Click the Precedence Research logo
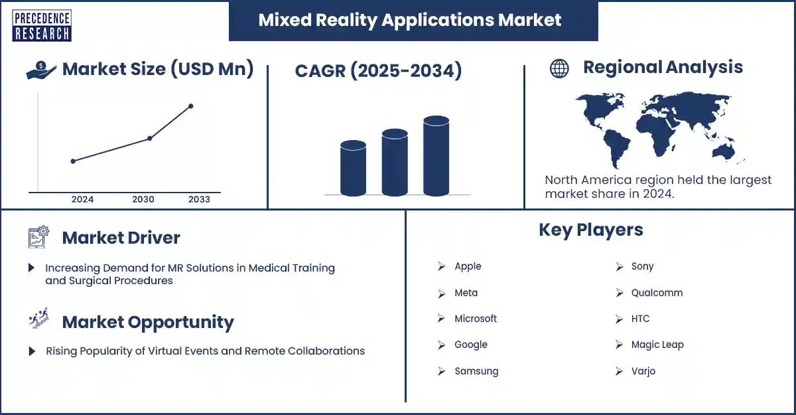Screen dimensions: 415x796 (41, 25)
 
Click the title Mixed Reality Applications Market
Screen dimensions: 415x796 (410, 20)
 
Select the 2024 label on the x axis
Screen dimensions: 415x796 (82, 199)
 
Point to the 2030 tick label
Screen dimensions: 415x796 (143, 199)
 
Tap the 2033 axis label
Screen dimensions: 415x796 (199, 199)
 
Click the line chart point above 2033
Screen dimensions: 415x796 (191, 106)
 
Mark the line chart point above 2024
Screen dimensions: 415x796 (73, 161)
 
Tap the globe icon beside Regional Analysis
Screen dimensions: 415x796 (559, 68)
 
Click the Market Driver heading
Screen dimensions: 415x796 (121, 238)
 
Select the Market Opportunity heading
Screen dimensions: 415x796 (147, 323)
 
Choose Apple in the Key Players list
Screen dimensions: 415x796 (468, 266)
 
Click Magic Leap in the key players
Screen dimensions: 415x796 (657, 345)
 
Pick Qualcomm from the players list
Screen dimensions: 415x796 (657, 293)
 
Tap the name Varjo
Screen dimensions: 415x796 (643, 371)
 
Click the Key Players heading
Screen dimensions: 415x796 (590, 230)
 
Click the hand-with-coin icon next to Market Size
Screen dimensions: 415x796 (41, 70)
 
